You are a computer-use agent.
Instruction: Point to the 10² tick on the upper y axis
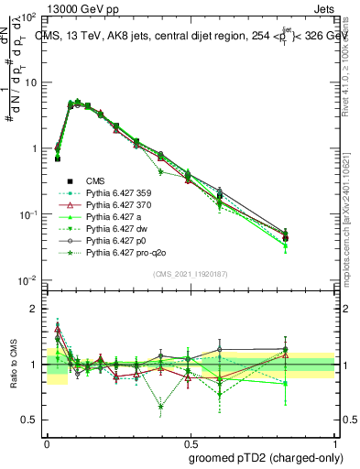tap(29, 17)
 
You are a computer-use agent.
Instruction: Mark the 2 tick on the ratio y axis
tap(34, 310)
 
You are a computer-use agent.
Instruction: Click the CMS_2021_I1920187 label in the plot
tap(189, 273)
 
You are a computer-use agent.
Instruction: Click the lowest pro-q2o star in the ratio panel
tap(161, 407)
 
